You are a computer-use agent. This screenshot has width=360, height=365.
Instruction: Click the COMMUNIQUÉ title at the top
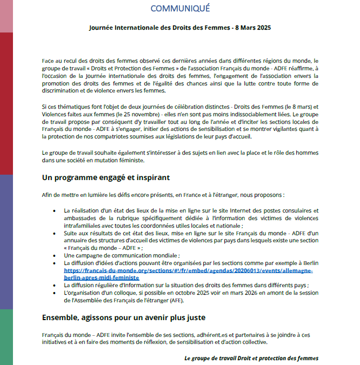click(180, 9)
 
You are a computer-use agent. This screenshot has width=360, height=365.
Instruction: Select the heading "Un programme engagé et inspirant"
click(106, 177)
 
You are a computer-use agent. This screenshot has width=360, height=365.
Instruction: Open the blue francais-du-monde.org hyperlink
click(188, 270)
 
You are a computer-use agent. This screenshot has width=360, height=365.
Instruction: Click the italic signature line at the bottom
click(251, 358)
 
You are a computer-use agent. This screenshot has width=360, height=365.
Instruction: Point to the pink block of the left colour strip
click(6, 16)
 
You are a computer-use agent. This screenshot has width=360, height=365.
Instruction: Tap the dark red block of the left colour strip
click(6, 103)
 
